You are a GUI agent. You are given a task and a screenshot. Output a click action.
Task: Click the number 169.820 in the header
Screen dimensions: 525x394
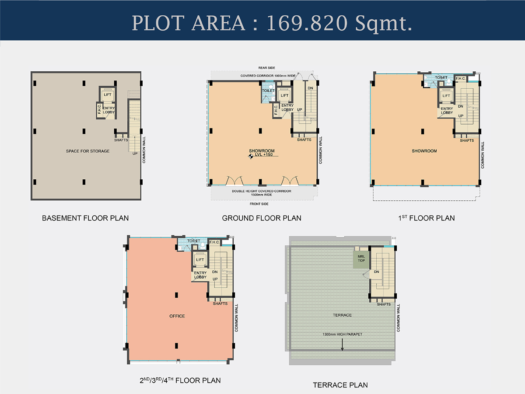point(307,23)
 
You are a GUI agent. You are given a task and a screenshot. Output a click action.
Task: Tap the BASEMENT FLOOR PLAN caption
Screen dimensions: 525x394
point(85,218)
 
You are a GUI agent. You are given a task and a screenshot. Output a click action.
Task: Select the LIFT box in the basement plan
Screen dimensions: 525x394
point(107,95)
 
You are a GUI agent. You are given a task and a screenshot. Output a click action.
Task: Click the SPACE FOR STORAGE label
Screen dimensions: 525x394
point(88,151)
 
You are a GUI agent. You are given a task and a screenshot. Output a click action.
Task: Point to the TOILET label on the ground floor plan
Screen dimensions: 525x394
point(268,91)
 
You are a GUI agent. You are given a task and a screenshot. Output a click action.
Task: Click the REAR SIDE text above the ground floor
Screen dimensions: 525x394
point(267,68)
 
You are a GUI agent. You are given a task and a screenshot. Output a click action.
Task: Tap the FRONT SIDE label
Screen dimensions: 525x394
point(259,204)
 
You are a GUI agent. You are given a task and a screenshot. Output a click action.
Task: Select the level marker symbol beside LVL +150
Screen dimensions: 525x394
point(251,157)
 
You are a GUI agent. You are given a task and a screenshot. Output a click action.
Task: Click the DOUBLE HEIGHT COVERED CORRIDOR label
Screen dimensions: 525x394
point(262,191)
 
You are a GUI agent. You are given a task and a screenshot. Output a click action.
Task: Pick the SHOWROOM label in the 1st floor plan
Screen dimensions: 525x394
point(424,151)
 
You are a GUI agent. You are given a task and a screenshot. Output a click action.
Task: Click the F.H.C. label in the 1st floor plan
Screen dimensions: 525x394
point(460,78)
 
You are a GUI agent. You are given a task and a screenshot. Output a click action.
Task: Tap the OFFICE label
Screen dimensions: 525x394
point(177,316)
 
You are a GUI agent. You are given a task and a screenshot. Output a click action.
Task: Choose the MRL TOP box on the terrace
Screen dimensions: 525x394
point(361,259)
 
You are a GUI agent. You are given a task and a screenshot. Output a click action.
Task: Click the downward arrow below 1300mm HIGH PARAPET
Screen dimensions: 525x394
point(342,344)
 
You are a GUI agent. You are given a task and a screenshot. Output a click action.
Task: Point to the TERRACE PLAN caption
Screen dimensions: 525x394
point(340,385)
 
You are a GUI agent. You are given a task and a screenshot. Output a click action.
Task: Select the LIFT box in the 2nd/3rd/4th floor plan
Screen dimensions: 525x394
point(200,259)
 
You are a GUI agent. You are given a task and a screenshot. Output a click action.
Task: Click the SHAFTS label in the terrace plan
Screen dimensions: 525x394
point(384,304)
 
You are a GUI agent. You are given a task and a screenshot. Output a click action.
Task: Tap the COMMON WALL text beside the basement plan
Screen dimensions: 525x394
point(144,150)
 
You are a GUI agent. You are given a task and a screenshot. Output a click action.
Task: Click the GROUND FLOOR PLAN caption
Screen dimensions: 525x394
point(262,218)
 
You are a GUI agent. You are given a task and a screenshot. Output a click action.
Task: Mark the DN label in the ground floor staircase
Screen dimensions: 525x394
point(310,88)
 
